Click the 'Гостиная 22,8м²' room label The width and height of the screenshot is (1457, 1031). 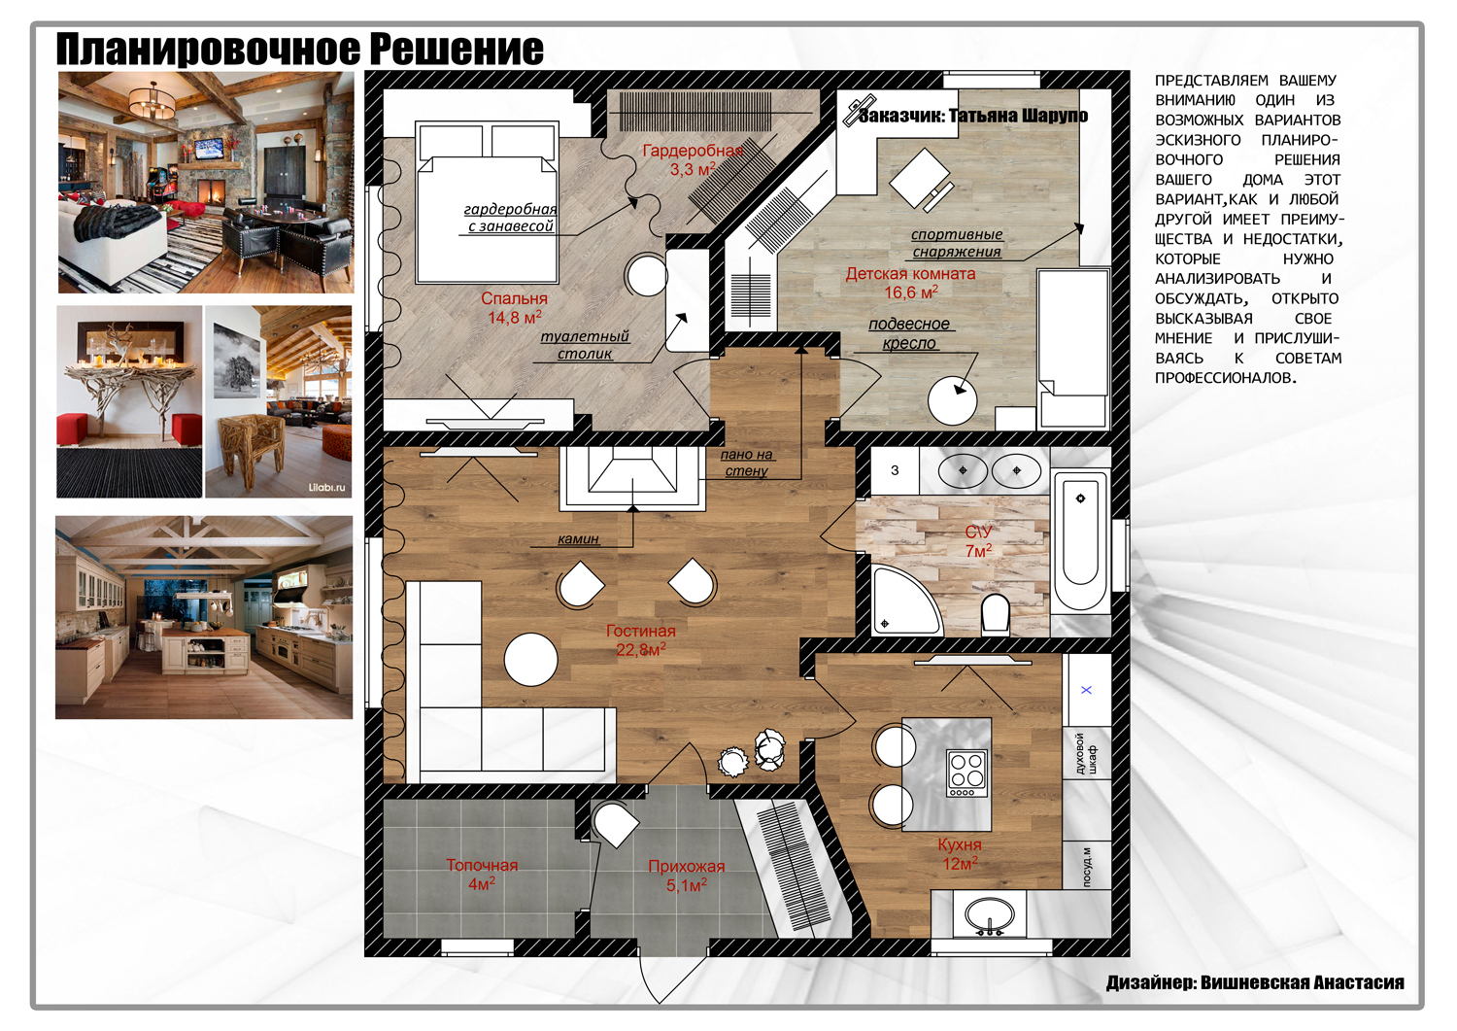tap(641, 639)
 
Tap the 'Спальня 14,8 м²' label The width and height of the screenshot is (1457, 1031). tap(515, 308)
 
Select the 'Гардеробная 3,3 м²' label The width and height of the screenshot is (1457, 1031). tap(693, 160)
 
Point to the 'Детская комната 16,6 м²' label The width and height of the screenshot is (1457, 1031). tap(911, 283)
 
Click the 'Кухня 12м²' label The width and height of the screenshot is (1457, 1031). tap(960, 854)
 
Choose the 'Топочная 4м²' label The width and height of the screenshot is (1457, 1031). tap(482, 875)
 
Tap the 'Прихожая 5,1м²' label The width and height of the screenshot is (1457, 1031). tap(686, 876)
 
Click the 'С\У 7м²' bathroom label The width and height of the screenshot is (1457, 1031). tap(979, 541)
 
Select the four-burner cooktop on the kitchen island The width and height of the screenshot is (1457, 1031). tap(967, 773)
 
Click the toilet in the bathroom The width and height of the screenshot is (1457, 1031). tap(996, 614)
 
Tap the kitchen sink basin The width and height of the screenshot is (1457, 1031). tap(990, 915)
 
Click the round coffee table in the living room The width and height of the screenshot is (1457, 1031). tap(530, 660)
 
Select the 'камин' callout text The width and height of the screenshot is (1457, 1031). tap(578, 539)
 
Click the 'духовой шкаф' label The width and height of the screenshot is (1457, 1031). tap(1086, 753)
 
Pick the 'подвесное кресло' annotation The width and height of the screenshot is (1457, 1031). tap(909, 333)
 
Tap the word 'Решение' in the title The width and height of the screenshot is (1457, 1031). tap(457, 49)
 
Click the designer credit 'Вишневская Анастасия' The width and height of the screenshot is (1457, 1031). tap(1303, 982)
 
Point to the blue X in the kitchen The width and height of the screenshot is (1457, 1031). tap(1086, 690)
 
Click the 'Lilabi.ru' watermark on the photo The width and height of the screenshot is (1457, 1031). tap(326, 488)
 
